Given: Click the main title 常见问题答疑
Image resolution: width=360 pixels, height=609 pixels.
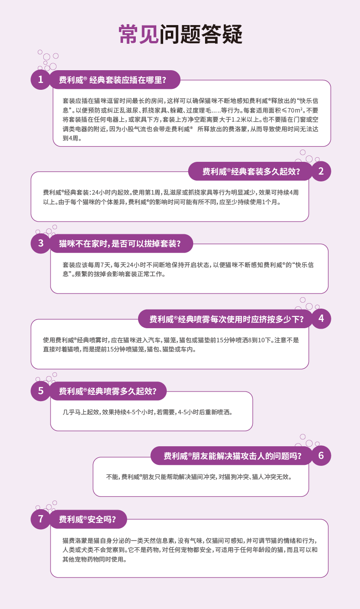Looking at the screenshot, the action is pos(180,34).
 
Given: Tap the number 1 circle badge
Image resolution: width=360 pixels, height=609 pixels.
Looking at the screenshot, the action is pos(41,80).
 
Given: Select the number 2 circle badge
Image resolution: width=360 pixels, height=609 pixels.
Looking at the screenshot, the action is pos(321,171).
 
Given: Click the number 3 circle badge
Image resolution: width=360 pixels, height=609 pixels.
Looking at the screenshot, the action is pos(41,243).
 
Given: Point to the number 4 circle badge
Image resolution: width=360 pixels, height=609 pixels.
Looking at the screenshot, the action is pos(321,318).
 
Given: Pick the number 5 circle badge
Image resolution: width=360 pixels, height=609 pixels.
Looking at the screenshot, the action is pos(41,391).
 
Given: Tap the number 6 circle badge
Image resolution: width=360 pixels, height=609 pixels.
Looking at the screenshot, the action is pos(321,455).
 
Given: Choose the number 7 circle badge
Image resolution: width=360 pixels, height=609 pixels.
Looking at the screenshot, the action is pos(41,519).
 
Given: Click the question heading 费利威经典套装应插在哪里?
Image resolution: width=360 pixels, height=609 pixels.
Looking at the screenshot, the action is pos(113,80).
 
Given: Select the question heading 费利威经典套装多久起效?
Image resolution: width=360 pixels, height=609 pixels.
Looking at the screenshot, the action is pos(251,172).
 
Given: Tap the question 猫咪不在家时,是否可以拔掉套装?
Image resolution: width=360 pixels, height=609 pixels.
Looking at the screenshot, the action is pos(120,244).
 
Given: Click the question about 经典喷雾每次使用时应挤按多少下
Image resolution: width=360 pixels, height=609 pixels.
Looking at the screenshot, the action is pos(226,319).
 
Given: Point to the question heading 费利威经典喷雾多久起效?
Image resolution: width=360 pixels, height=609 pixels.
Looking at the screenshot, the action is pos(108,391).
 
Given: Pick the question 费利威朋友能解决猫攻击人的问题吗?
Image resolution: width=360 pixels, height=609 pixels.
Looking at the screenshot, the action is pos(232,456).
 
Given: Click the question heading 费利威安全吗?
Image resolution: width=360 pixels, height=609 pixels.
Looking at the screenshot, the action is pos(87,520).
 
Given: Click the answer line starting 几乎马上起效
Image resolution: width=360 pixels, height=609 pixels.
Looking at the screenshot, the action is pos(148,412).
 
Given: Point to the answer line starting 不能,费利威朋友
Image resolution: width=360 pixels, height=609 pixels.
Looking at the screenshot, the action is pos(199,477).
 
